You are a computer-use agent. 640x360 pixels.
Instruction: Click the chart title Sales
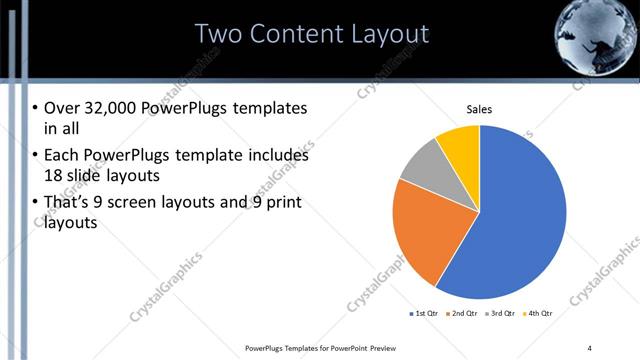click(480, 109)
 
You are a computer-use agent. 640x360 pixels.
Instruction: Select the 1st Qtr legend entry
click(424, 314)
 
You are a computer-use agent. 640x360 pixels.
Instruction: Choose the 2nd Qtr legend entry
click(462, 314)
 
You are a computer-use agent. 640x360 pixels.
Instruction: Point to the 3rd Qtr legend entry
click(499, 314)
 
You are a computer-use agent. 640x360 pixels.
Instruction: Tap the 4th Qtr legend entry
click(536, 314)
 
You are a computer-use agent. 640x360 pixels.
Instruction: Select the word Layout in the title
click(384, 34)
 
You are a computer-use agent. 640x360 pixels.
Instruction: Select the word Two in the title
click(219, 34)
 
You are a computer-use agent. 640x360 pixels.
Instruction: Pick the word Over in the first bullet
click(59, 107)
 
